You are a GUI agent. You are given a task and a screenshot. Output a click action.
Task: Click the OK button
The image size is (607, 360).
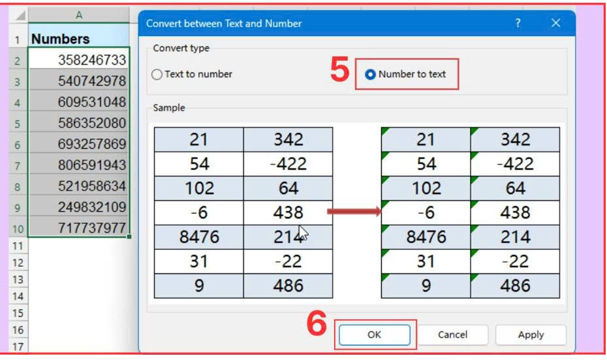[x=375, y=335]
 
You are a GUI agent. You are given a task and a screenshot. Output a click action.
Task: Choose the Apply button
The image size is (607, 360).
[x=531, y=335]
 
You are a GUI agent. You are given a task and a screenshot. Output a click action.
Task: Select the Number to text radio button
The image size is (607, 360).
[x=370, y=74]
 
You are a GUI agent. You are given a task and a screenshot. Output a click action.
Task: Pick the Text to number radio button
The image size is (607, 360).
[x=157, y=74]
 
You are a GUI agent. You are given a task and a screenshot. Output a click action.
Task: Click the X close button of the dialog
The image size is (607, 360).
[x=555, y=23]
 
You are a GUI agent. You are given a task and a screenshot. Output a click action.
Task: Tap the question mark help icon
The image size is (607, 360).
[x=518, y=23]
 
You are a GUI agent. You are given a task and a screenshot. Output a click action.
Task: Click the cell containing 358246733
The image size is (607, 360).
[x=78, y=59]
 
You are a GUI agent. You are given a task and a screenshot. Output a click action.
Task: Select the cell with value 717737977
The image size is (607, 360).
[x=78, y=228]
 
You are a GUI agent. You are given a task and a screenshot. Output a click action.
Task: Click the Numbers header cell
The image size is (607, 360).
[x=78, y=38]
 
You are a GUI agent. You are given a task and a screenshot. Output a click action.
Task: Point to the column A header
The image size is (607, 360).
[x=78, y=15]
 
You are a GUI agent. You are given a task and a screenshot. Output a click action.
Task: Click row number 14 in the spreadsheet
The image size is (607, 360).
[x=18, y=296]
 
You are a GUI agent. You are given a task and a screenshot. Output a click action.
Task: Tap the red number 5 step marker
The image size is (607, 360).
[x=339, y=70]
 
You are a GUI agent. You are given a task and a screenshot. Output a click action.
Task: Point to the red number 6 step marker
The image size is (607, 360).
[x=317, y=323]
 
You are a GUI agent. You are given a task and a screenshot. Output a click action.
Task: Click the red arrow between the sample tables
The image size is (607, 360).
[x=354, y=211]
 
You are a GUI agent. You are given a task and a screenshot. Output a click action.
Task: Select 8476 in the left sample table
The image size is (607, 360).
[x=199, y=237]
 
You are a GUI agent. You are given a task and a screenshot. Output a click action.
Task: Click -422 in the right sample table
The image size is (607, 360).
[x=515, y=164]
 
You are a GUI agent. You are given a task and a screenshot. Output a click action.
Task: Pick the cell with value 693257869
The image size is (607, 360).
[x=78, y=144]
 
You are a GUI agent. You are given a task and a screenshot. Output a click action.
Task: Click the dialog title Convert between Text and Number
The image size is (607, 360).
[x=224, y=23]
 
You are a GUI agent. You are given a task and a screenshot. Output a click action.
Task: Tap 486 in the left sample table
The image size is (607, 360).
[x=288, y=286]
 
